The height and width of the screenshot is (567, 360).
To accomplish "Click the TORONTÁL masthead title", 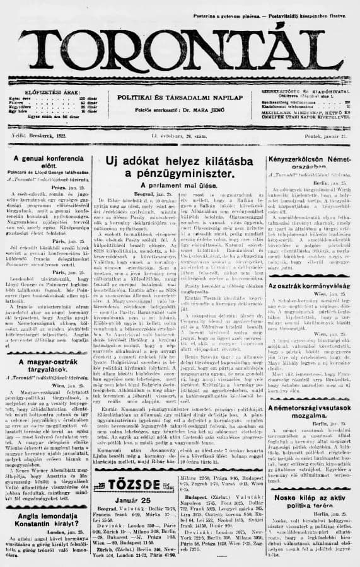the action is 180,47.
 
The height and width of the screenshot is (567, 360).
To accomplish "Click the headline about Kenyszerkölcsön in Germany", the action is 310,164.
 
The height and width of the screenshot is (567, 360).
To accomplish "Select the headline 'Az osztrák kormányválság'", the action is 310,285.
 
